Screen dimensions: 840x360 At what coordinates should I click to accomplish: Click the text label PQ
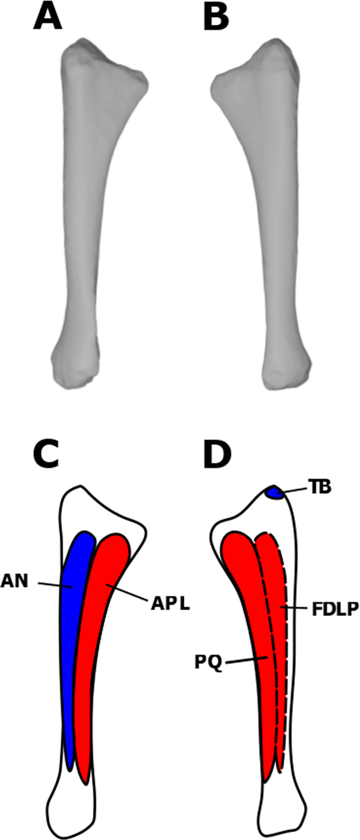[x=208, y=664]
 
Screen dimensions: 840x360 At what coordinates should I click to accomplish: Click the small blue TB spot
[x=274, y=493]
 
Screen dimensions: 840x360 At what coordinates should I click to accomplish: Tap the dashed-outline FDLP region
[x=279, y=628]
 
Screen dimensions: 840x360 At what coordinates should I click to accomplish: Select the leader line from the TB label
[x=294, y=490]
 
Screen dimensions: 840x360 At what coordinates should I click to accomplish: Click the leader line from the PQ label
[x=246, y=660]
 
